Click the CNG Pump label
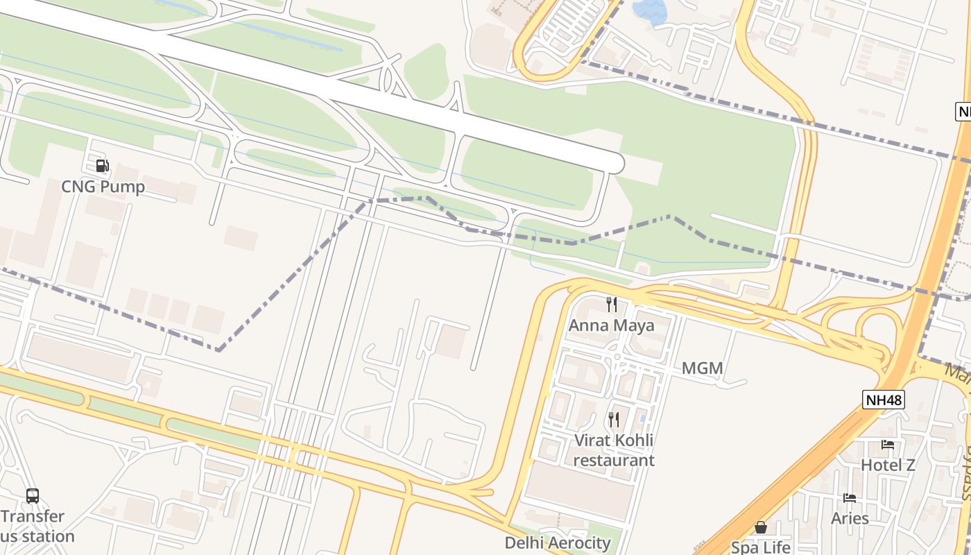(103, 187)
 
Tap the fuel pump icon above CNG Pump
(102, 166)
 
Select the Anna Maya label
(611, 325)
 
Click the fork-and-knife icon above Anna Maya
(612, 304)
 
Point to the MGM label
(702, 368)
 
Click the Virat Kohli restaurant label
(614, 450)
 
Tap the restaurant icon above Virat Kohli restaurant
(613, 419)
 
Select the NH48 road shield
(884, 400)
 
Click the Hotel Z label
(888, 465)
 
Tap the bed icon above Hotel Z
(888, 445)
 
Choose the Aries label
(850, 518)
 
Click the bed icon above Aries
(850, 498)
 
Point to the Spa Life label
(760, 547)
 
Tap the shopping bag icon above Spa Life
(761, 527)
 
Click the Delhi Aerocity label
(558, 543)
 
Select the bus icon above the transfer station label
(33, 496)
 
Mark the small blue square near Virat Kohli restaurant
(643, 418)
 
